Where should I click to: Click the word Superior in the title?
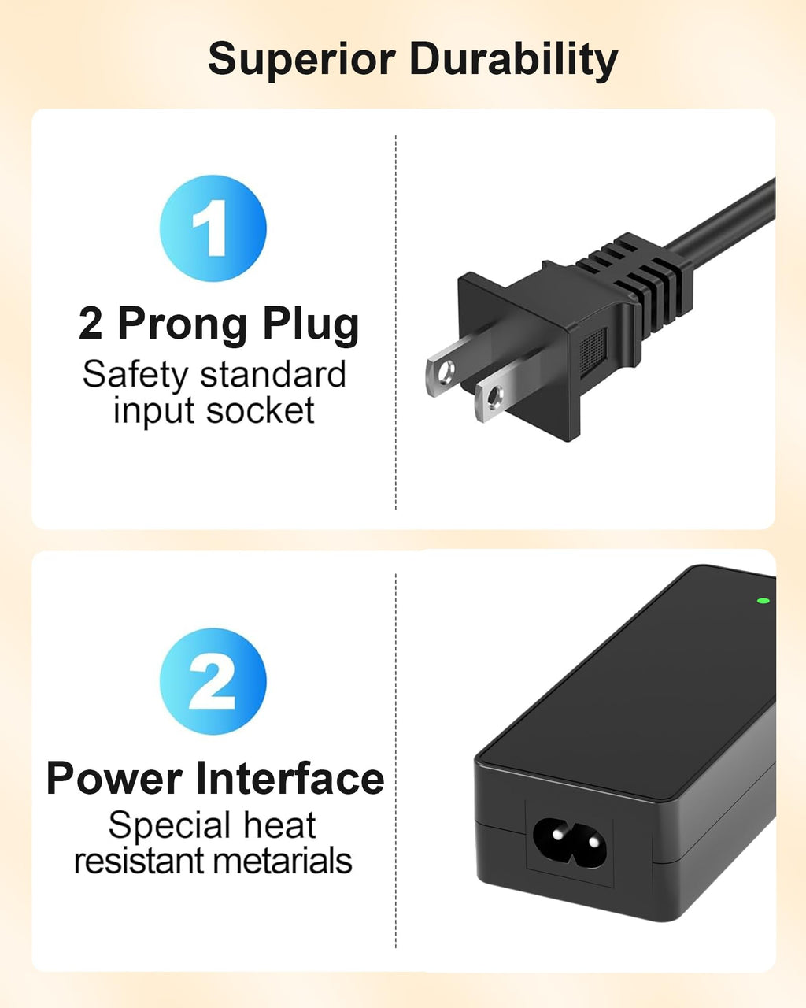point(301,60)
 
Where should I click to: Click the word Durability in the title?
point(514,59)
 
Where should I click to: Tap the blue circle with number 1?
point(213,228)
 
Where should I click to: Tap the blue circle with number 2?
point(213,681)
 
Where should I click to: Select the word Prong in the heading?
point(182,325)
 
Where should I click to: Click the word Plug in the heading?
point(311,324)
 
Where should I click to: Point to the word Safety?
point(135,376)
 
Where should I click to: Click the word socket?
point(261,411)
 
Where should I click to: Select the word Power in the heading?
point(114,779)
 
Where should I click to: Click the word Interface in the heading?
point(290,777)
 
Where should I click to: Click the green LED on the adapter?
point(763,600)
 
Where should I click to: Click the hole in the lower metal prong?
point(494,397)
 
